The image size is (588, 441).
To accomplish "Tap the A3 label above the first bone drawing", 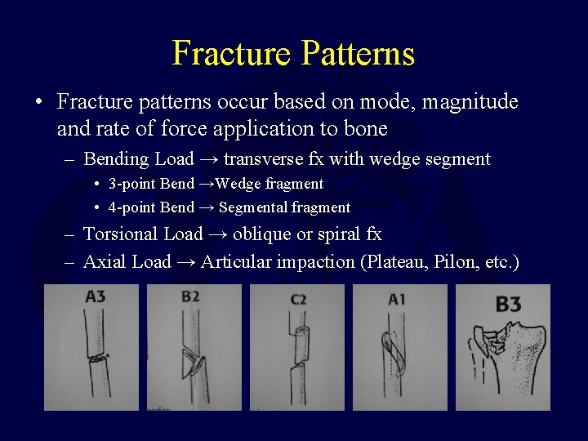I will click(95, 297).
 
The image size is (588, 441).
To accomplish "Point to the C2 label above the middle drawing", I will click(298, 300).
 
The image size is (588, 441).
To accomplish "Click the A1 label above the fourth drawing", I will click(396, 300).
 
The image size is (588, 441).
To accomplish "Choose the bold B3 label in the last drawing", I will click(508, 305).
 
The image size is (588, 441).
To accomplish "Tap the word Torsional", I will click(121, 234).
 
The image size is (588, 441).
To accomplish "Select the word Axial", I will click(105, 262).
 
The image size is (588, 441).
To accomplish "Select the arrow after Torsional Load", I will click(217, 234).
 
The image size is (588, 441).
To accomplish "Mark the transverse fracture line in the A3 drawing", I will click(98, 358).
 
